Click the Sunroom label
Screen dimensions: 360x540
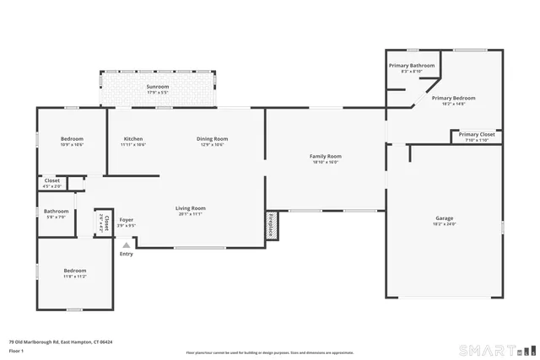pos(157,87)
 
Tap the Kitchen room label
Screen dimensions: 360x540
pos(133,138)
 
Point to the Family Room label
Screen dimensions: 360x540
pos(325,156)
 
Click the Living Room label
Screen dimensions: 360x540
pos(190,208)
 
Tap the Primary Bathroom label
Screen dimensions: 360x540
pos(412,66)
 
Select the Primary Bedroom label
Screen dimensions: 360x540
pos(448,98)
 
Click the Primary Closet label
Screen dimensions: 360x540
pos(477,134)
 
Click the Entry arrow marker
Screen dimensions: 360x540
pos(127,245)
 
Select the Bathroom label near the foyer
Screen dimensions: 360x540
pos(57,211)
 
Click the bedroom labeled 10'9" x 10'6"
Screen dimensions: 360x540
pos(72,142)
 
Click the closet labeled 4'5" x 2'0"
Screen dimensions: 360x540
pos(51,182)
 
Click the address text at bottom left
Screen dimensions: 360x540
pos(61,342)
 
